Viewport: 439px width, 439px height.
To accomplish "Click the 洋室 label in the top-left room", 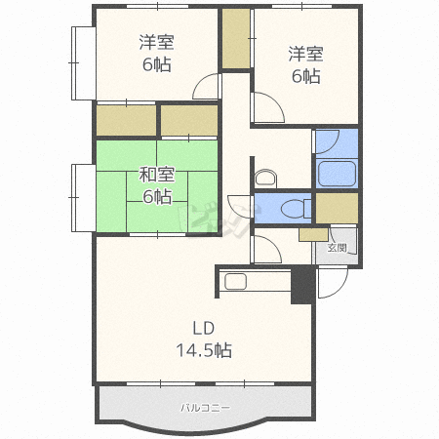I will (155, 43).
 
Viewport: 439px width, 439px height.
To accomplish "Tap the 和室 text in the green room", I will (156, 176).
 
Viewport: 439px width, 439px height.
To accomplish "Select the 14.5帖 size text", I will (203, 348).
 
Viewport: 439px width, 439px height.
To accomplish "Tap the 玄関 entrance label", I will (337, 248).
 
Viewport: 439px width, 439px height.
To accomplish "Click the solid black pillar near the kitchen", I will (304, 286).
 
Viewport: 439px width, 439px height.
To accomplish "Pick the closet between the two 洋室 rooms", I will (236, 40).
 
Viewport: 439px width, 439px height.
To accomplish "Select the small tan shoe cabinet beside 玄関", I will (313, 234).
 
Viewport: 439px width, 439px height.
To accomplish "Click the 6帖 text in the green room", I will (156, 197).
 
